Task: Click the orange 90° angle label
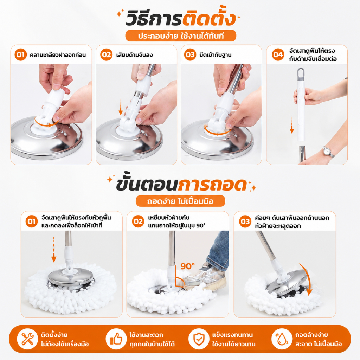(x=187, y=266)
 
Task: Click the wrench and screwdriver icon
(x=27, y=339)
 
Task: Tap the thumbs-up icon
(x=116, y=339)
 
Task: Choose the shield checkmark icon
(x=199, y=339)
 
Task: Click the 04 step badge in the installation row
(x=278, y=54)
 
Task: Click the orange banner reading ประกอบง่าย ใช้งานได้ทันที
(x=181, y=36)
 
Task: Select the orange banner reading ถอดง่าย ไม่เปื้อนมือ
(x=180, y=201)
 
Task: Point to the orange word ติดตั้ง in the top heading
(x=209, y=18)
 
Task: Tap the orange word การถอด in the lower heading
(x=212, y=185)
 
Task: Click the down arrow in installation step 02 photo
(x=121, y=109)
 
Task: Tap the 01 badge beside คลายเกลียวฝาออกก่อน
(x=20, y=54)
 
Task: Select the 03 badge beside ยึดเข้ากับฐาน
(x=190, y=54)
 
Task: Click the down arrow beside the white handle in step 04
(x=292, y=125)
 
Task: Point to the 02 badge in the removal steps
(x=138, y=221)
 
